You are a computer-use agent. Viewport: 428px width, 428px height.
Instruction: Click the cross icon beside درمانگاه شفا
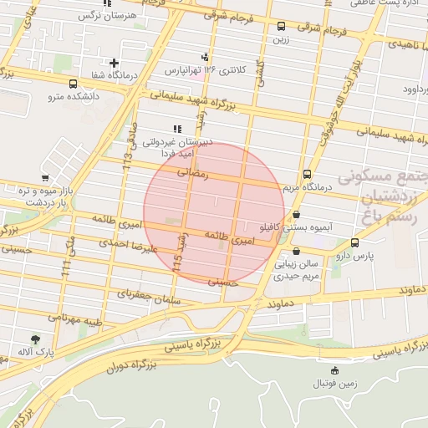(x=115, y=63)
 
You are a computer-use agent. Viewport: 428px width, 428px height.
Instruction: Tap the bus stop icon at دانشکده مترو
(x=74, y=84)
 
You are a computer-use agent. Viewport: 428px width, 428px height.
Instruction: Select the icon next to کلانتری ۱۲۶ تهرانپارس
(x=205, y=57)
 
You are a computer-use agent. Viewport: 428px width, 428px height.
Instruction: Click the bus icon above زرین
(x=281, y=27)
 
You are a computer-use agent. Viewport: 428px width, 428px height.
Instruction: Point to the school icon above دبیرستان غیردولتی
(x=176, y=129)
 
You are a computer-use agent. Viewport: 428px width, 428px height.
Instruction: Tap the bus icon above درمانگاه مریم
(x=307, y=174)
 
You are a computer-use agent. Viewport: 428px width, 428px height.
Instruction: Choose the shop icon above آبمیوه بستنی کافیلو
(x=297, y=214)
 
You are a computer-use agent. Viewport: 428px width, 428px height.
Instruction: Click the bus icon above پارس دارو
(x=355, y=242)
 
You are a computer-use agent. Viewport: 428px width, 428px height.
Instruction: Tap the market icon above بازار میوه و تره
(x=44, y=178)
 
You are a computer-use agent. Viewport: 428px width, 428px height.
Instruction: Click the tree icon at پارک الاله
(x=34, y=339)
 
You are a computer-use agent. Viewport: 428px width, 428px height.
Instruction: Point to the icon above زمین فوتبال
(x=335, y=370)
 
